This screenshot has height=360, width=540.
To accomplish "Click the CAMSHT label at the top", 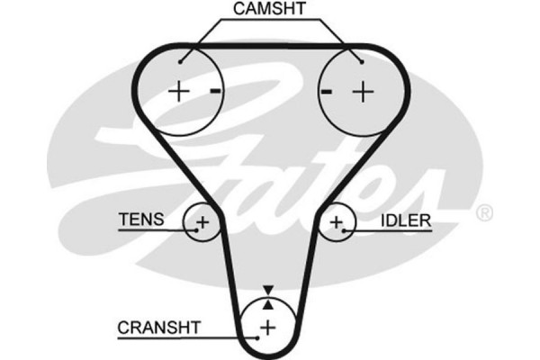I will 270,9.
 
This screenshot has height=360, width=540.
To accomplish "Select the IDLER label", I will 404,219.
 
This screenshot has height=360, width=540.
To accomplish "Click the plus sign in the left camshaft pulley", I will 179,91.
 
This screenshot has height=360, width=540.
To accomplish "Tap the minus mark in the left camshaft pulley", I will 215,91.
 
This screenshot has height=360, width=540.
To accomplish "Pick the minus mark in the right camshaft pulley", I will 328,91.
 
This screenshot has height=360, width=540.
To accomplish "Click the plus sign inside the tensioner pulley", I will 202,221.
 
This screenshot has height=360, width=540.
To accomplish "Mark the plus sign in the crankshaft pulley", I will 268,325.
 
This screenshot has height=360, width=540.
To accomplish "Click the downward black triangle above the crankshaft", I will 268,290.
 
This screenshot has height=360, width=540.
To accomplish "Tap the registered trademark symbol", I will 484,213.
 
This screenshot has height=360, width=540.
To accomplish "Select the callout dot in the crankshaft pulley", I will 258,335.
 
